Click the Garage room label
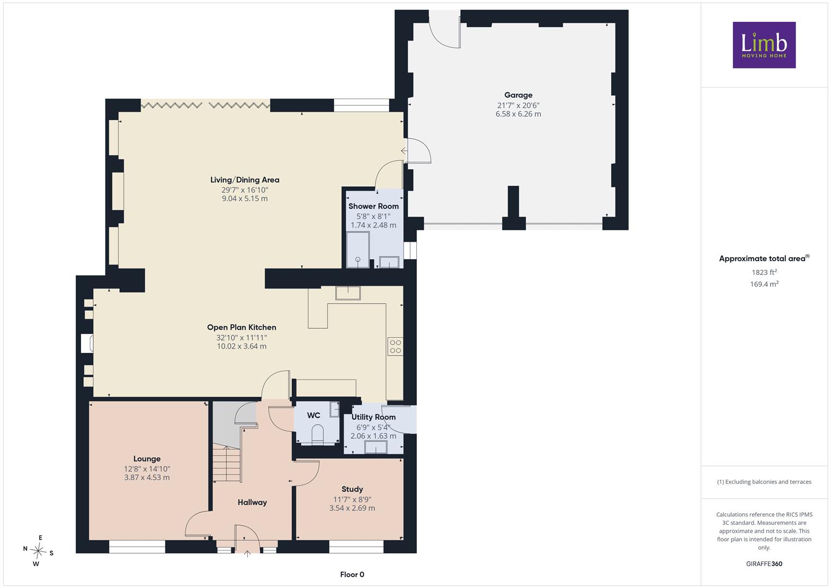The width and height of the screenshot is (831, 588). coord(518,95)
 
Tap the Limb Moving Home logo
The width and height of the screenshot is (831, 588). coord(764,45)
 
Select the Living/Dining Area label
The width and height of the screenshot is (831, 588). coord(245,180)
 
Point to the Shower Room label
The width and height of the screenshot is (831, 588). coord(373,206)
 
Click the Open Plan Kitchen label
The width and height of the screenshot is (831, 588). coord(242,327)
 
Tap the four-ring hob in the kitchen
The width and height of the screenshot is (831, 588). coord(396,346)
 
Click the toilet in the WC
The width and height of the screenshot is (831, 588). coord(318,433)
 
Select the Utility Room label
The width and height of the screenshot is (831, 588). coord(373,417)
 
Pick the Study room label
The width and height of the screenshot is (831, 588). coord(352,489)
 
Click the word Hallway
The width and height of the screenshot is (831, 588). coord(253,502)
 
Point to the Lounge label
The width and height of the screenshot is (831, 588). coord(147,459)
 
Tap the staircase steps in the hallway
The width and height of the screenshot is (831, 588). coord(227,464)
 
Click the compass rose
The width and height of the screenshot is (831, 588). coord(38,550)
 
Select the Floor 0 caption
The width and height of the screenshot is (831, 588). coord(352,574)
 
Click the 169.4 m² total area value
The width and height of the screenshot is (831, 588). coord(764,284)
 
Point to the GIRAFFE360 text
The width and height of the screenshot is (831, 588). coord(764,563)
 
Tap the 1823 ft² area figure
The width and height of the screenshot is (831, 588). coord(764,272)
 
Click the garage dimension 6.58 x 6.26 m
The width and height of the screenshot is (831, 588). coord(518,114)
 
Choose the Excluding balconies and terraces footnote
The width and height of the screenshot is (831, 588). coord(764,482)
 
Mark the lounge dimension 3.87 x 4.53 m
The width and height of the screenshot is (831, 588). coord(147,477)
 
